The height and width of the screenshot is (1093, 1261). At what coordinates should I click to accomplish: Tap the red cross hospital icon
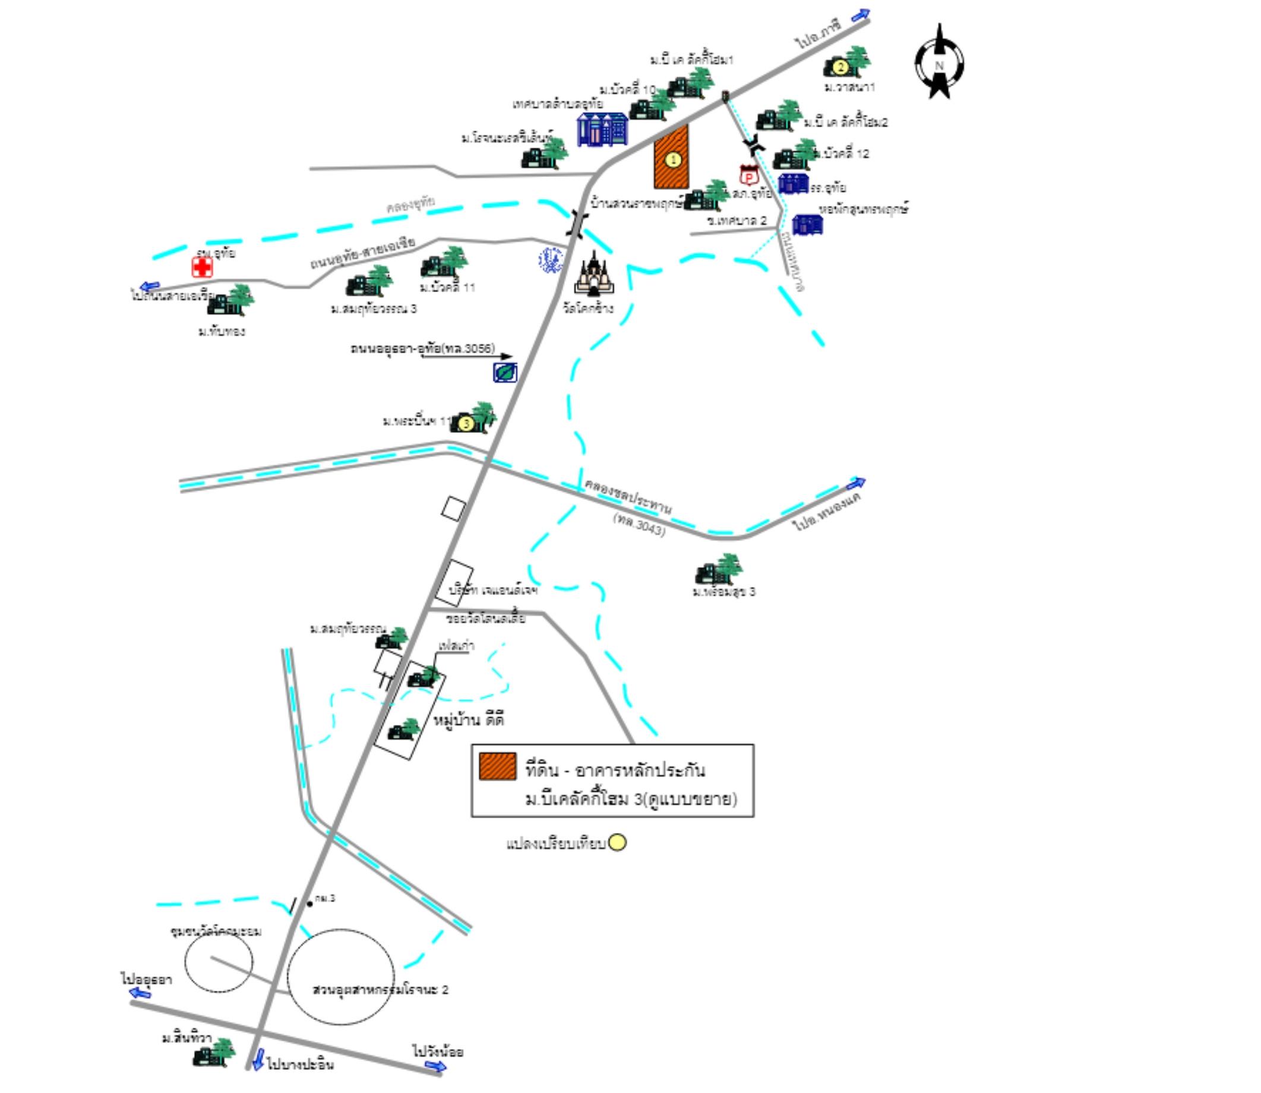pyautogui.click(x=202, y=267)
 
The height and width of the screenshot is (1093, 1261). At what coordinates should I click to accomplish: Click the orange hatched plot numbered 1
pyautogui.click(x=672, y=157)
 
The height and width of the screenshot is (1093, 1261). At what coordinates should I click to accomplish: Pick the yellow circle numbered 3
pyautogui.click(x=466, y=423)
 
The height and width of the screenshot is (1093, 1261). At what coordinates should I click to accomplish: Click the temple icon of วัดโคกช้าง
pyautogui.click(x=592, y=275)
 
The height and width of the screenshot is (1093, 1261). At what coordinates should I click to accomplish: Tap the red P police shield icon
pyautogui.click(x=748, y=176)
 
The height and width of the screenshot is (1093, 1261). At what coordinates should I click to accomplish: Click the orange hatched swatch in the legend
pyautogui.click(x=497, y=766)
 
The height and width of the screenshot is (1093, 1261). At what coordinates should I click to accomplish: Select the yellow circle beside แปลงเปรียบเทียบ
pyautogui.click(x=617, y=842)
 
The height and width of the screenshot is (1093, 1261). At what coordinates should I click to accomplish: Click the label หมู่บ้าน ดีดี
pyautogui.click(x=469, y=720)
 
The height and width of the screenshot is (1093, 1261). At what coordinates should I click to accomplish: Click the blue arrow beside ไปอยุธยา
pyautogui.click(x=140, y=993)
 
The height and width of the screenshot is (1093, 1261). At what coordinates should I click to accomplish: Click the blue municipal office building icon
pyautogui.click(x=602, y=129)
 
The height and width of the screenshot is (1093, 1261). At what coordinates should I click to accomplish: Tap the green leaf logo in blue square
pyautogui.click(x=505, y=372)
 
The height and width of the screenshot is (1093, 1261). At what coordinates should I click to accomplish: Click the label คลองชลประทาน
pyautogui.click(x=628, y=496)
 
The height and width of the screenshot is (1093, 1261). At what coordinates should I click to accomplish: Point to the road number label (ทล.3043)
pyautogui.click(x=639, y=525)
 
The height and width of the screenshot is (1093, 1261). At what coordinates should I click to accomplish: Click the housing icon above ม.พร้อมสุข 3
pyautogui.click(x=719, y=570)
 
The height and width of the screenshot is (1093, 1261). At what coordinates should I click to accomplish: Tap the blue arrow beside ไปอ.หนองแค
pyautogui.click(x=856, y=484)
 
